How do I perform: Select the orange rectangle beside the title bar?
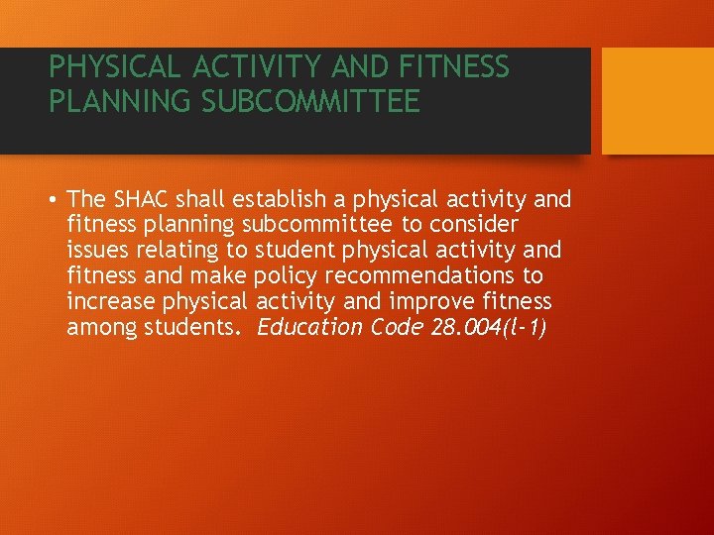pyautogui.click(x=658, y=101)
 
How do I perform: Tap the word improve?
pyautogui.click(x=429, y=301)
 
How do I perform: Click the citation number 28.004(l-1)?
pyautogui.click(x=490, y=327)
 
